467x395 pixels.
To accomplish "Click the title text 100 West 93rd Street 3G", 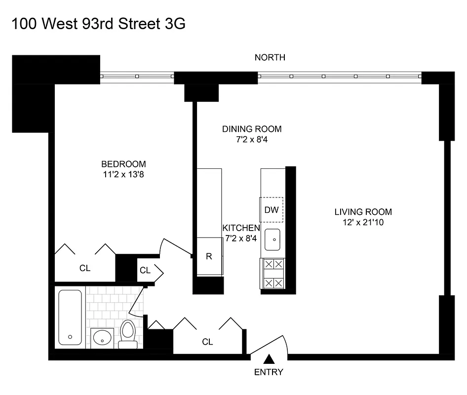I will tap(98, 24).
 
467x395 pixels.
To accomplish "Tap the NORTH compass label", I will tap(270, 58).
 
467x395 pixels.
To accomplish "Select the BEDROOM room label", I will tap(123, 164).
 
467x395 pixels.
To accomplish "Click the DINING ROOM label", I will tap(252, 129).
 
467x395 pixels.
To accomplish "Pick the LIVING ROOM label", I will tap(363, 212).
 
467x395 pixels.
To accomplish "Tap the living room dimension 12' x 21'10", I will tap(363, 222).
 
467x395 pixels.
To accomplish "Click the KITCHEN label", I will tap(241, 228).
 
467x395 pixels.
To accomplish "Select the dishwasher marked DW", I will tap(272, 210).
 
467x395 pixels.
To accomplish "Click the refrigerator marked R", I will tap(209, 256).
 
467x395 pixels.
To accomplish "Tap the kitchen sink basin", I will tap(272, 240).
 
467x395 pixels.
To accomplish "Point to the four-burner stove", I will tap(272, 274).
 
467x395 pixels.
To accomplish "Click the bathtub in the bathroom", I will tap(71, 317).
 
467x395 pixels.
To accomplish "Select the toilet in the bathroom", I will tap(128, 333).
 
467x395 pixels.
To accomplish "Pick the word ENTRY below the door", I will tap(269, 372).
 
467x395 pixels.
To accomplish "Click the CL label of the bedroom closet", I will tap(85, 269).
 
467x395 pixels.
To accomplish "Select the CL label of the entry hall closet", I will tap(207, 342).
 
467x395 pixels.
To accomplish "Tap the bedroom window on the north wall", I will tap(137, 77).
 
